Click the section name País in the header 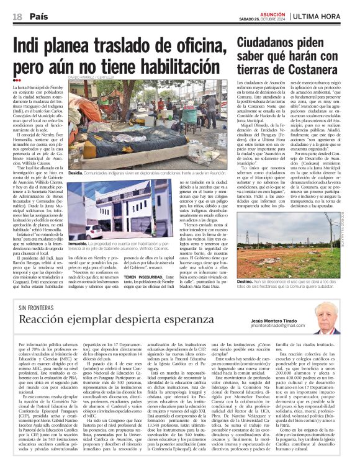pos(40,16)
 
